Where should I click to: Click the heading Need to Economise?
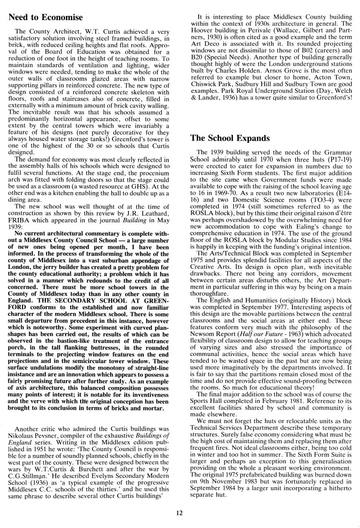(x=45, y=18)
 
